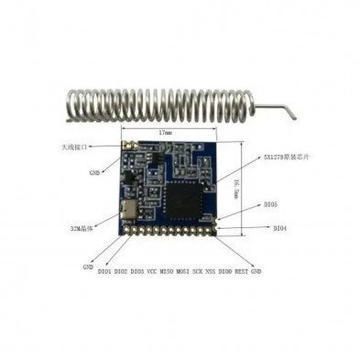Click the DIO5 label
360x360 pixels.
[268, 207]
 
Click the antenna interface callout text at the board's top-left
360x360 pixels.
[76, 147]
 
